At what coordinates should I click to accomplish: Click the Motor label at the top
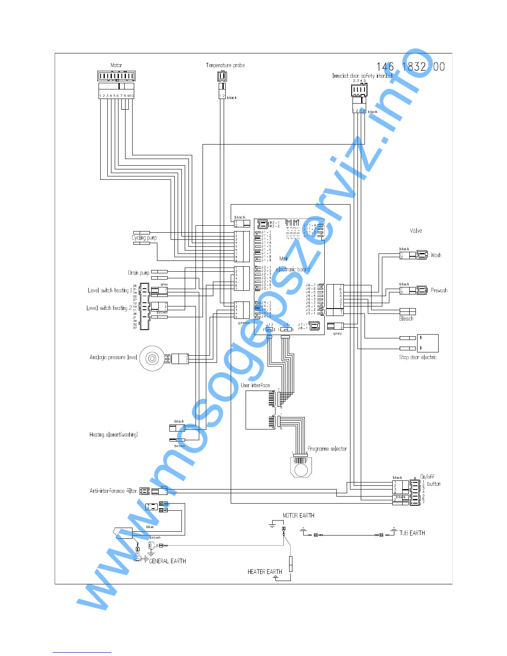pyautogui.click(x=116, y=65)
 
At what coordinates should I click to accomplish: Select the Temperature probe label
pyautogui.click(x=225, y=65)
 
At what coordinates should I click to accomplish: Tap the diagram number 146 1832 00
pyautogui.click(x=410, y=67)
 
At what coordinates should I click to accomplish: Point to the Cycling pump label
pyautogui.click(x=144, y=238)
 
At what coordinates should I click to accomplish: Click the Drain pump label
pyautogui.click(x=139, y=273)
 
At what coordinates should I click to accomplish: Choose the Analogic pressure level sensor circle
pyautogui.click(x=152, y=358)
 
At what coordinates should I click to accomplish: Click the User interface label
pyautogui.click(x=255, y=385)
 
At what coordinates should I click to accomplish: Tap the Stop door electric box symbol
pyautogui.click(x=427, y=343)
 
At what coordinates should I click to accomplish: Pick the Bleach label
pyautogui.click(x=406, y=318)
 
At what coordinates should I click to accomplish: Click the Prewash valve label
pyautogui.click(x=439, y=290)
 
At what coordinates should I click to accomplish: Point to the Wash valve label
pyautogui.click(x=436, y=255)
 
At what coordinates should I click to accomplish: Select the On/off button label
pyautogui.click(x=430, y=480)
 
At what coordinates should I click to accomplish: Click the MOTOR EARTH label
pyautogui.click(x=298, y=516)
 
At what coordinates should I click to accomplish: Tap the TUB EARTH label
pyautogui.click(x=412, y=533)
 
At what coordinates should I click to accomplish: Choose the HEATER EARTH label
pyautogui.click(x=265, y=572)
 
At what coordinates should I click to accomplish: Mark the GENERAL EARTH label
pyautogui.click(x=167, y=561)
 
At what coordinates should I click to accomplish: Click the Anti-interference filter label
pyautogui.click(x=113, y=491)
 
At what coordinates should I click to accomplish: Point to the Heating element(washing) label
pyautogui.click(x=113, y=434)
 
